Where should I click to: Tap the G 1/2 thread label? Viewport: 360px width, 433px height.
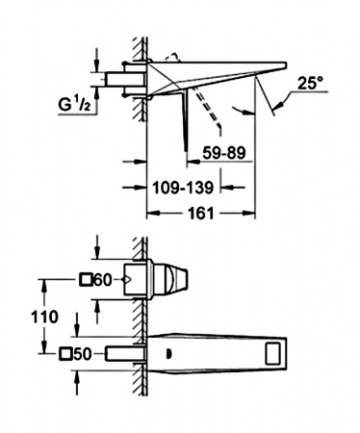75,105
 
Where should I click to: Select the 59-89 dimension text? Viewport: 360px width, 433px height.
224,153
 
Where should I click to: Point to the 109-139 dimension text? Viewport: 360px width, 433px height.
183,188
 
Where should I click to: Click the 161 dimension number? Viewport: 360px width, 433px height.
200,213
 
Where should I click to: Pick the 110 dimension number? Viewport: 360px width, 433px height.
44,318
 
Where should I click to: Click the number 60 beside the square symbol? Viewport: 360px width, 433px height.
103,281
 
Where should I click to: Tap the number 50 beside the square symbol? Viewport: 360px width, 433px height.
83,354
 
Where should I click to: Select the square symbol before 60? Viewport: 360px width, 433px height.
86,280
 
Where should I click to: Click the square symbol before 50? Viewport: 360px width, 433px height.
65,354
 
